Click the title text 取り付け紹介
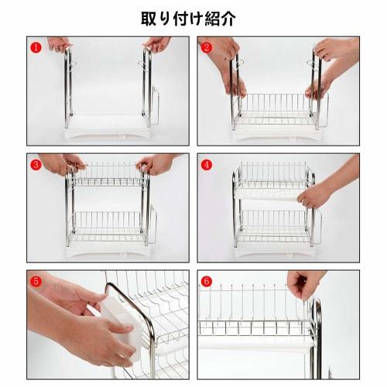pyautogui.click(x=188, y=17)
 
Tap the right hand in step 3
pyautogui.click(x=159, y=163)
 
